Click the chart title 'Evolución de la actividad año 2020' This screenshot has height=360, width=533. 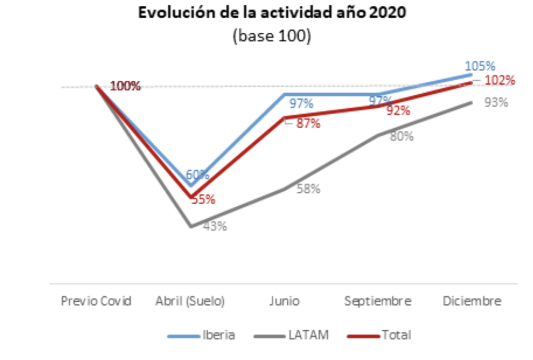click(271, 14)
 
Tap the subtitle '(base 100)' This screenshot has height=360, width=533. click(271, 37)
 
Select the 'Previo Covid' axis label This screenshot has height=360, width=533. click(96, 301)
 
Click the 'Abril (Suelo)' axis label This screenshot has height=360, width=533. click(190, 301)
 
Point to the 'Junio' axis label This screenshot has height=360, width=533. click(284, 301)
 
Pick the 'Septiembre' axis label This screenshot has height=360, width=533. click(378, 301)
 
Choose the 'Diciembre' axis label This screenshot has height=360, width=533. click(472, 301)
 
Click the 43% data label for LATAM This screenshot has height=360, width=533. click(215, 227)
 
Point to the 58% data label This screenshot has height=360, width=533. click(309, 189)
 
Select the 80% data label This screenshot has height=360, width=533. click(402, 136)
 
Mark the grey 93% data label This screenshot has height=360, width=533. click(496, 103)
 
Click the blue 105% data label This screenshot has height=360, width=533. click(480, 66)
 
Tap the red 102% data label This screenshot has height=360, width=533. click(500, 81)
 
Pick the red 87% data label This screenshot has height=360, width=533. click(308, 124)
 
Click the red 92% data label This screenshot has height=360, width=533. click(398, 111)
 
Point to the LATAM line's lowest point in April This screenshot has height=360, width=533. click(191, 227)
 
